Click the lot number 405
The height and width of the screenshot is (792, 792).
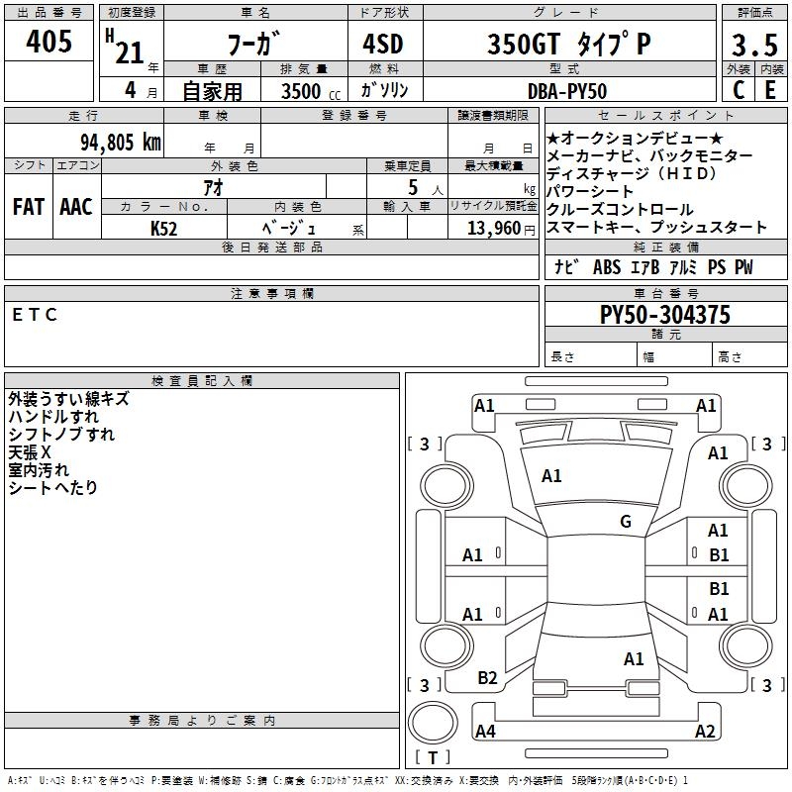pos(50,43)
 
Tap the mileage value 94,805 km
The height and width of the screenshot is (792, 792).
pos(121,142)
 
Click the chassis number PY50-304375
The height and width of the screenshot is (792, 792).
pos(665,316)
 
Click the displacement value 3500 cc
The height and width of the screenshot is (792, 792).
pos(305,91)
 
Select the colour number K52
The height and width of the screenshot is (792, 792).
pos(163,228)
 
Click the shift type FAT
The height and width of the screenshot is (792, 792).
pos(28,207)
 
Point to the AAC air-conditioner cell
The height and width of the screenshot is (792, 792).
pos(76,207)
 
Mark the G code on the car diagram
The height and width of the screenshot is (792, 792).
pos(626,522)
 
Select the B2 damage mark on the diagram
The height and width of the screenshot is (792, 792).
pos(487,677)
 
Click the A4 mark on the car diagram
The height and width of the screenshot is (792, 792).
pos(485,732)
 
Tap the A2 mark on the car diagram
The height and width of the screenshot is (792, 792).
pos(705,732)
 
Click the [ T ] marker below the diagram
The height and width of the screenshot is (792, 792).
pos(433,758)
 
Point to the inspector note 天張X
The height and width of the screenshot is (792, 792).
pos(30,451)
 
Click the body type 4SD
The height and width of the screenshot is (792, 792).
pos(384,46)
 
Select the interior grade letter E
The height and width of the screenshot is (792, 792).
pos(769,90)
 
